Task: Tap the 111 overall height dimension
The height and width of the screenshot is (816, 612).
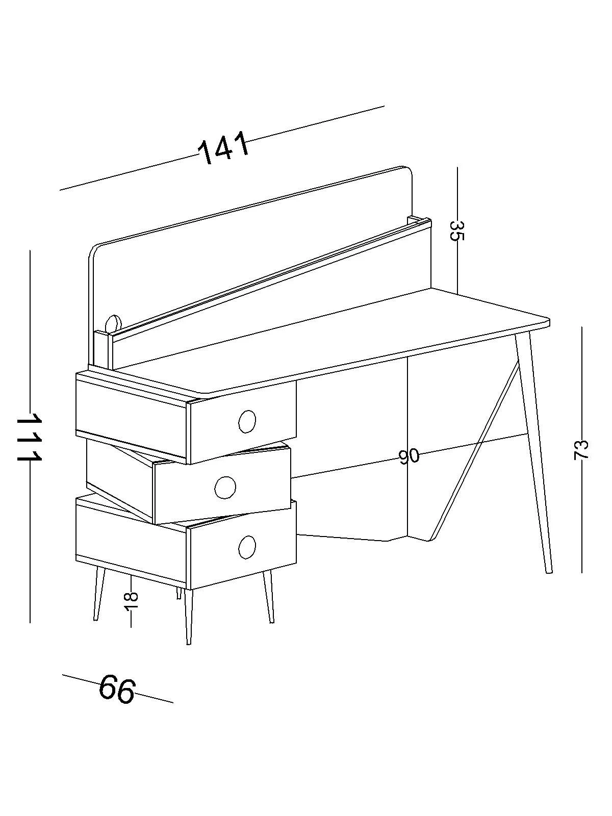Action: tap(29, 437)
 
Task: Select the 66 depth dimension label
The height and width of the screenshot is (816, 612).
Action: tap(117, 689)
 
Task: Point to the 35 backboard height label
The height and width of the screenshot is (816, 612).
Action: tap(457, 230)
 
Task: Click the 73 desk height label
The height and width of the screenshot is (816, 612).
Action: tap(581, 449)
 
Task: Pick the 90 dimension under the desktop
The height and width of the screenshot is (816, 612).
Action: tap(409, 456)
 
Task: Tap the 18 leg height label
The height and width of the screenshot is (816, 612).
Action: tap(131, 603)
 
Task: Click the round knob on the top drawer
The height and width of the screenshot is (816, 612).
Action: tap(247, 421)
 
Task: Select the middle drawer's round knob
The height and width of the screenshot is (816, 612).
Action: tap(225, 487)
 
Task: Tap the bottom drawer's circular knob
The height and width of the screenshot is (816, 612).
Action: tap(247, 546)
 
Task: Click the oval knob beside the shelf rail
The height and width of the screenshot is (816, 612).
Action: tap(113, 323)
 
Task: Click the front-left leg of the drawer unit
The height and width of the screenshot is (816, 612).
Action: tap(98, 594)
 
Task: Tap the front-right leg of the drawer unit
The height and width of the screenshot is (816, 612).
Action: tap(268, 597)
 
